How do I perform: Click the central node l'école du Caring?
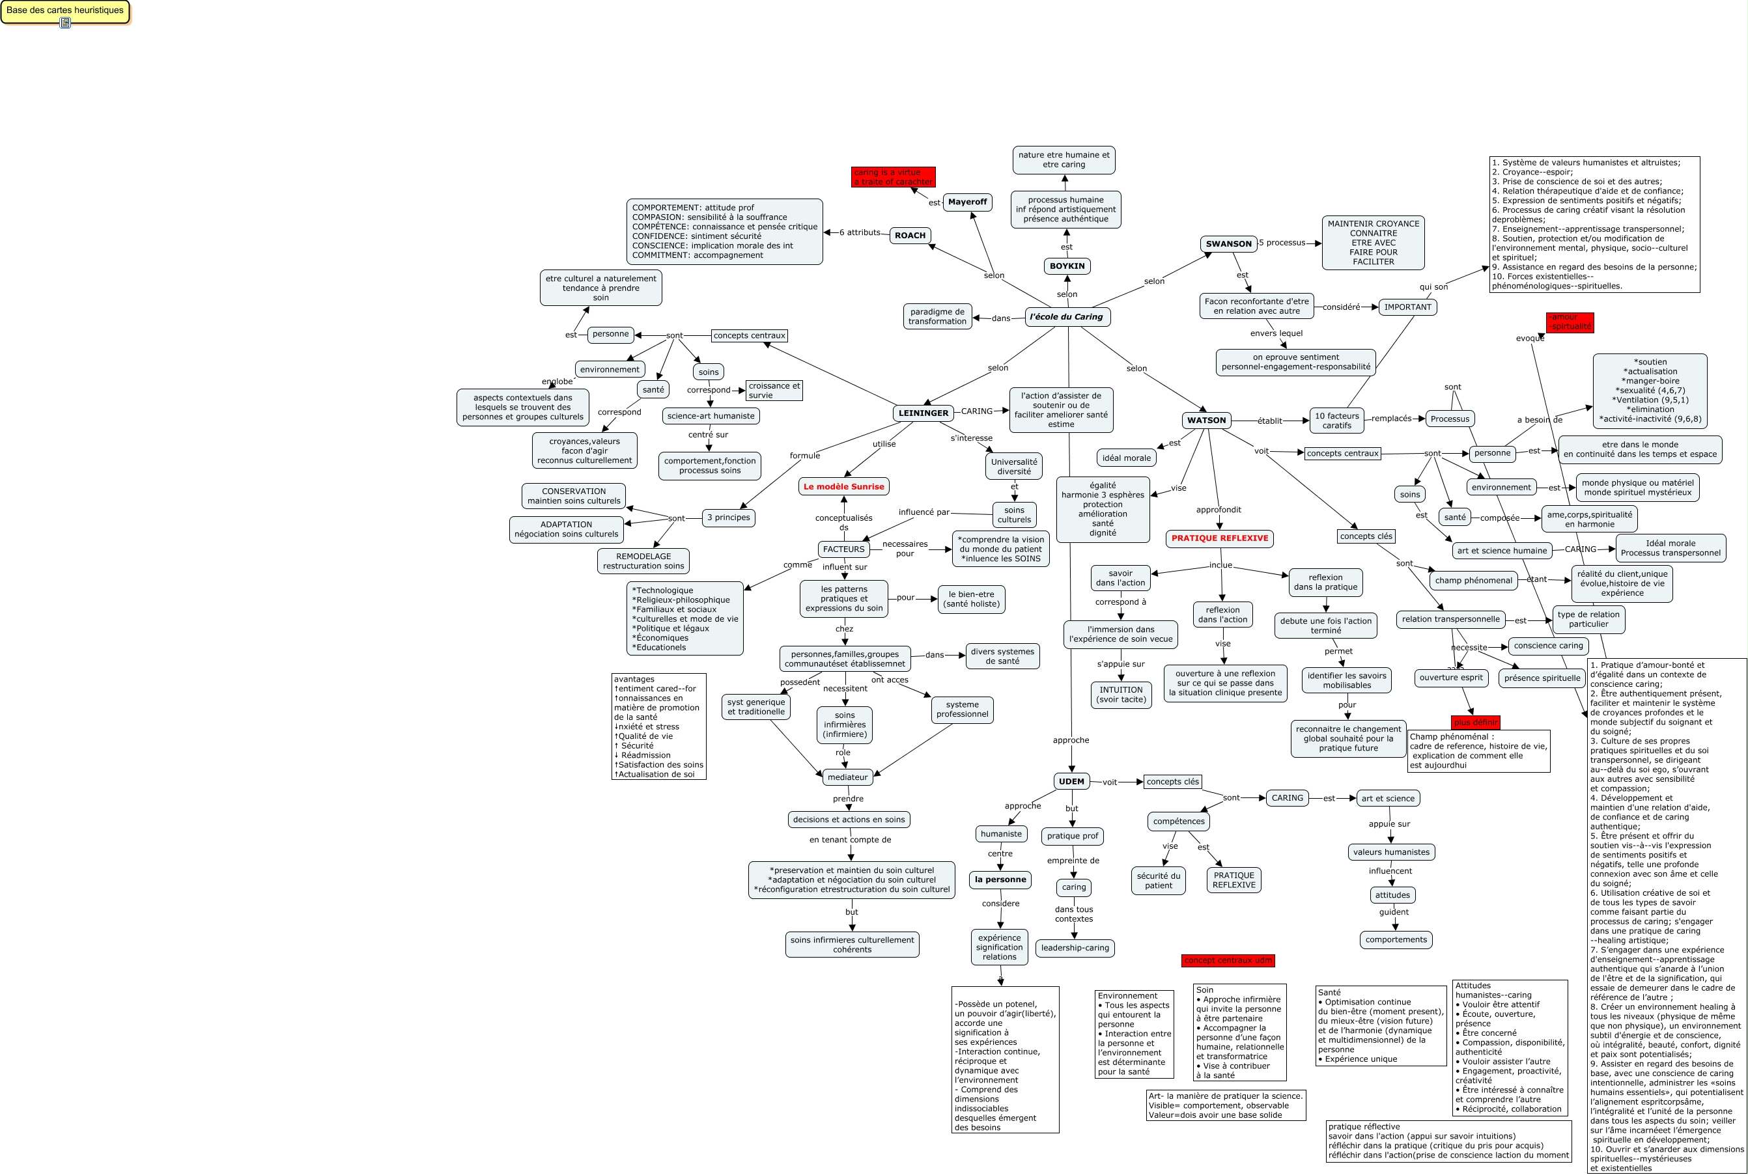(1066, 317)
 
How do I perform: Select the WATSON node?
(1206, 421)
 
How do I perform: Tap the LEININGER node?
(923, 413)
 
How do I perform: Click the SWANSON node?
(1228, 243)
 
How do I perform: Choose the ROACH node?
(910, 235)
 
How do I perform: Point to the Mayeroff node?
(967, 202)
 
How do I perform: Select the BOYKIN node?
(1067, 266)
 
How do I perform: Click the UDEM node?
(1071, 782)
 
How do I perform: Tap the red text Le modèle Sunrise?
(843, 486)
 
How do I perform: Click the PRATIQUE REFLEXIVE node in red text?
(1220, 538)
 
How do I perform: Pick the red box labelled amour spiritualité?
(1570, 322)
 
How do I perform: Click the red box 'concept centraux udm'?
(1228, 961)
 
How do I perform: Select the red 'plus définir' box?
(1475, 723)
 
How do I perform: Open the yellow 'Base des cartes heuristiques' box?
(65, 11)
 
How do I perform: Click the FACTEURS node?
(843, 549)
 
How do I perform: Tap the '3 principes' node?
(729, 518)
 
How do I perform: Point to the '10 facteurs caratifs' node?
(1336, 421)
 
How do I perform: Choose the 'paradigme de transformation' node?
(937, 316)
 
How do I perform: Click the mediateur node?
(847, 777)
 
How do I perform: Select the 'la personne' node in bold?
(1000, 879)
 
